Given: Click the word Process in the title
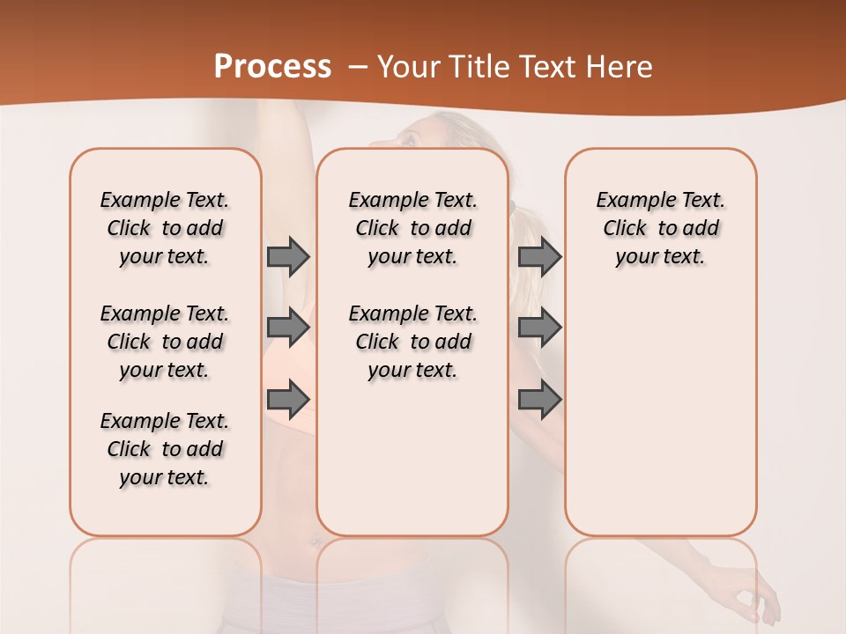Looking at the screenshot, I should click(272, 67).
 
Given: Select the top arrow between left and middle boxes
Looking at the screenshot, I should click(288, 256).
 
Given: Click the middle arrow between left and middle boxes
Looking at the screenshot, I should click(288, 328).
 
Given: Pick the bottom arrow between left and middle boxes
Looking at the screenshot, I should click(288, 399).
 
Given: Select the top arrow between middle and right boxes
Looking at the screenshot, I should click(539, 256).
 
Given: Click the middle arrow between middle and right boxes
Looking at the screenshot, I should click(539, 328).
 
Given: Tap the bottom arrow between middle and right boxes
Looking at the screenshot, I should click(539, 399).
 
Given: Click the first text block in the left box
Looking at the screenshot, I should click(165, 228).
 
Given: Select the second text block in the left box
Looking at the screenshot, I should click(165, 342).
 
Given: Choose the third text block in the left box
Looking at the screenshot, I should click(165, 449).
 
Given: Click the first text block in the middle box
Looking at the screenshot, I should click(412, 228).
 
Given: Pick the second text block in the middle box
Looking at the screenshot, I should click(412, 342).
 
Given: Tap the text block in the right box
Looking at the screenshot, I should click(660, 228).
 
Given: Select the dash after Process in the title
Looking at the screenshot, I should click(359, 67).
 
